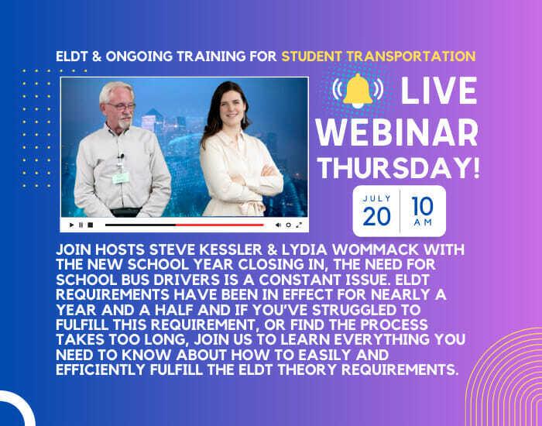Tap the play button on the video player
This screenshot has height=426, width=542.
point(72,225)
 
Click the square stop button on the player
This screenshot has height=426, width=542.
point(91,225)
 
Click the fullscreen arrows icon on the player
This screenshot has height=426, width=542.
point(298,225)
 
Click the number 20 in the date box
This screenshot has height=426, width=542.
point(376,216)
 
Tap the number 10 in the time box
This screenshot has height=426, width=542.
point(423,204)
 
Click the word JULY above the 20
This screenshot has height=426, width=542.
point(376,198)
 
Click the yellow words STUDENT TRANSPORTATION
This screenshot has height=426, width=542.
point(378,57)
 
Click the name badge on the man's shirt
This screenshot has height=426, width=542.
point(120,177)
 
